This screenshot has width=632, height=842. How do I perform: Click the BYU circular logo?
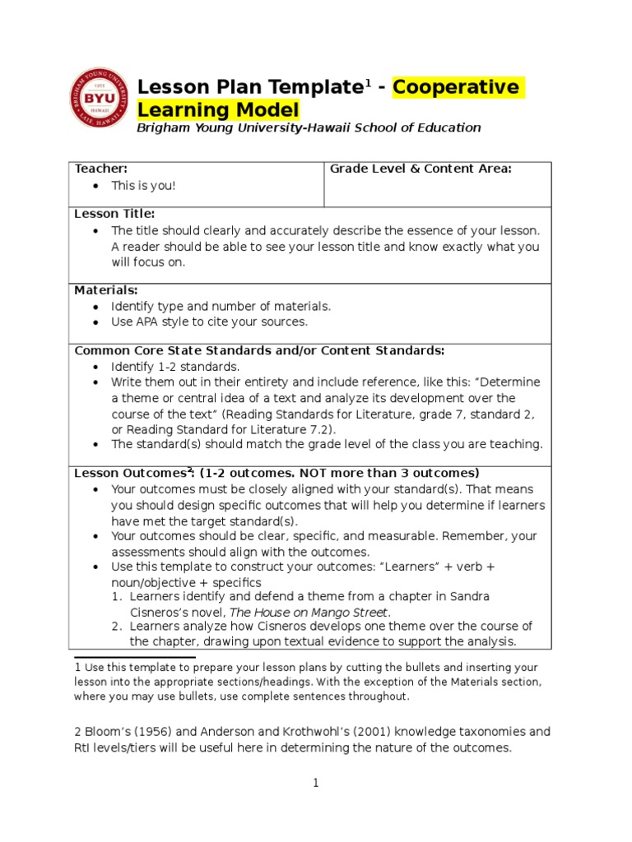click(97, 98)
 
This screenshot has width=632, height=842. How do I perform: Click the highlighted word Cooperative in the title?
click(457, 87)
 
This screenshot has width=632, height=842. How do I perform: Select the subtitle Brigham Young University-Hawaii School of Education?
click(309, 127)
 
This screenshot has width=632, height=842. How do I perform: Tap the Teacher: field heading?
click(101, 169)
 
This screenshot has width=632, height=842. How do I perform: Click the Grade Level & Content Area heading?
click(421, 169)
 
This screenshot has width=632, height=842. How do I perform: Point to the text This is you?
click(144, 186)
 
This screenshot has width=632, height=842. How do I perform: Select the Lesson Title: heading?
click(114, 214)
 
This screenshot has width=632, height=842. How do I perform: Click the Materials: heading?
click(106, 290)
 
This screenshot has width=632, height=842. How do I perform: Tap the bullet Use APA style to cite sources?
click(209, 322)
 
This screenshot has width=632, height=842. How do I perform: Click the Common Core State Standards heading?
click(259, 350)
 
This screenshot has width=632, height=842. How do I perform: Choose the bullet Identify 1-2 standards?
click(175, 367)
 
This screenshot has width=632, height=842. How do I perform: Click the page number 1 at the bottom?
click(315, 784)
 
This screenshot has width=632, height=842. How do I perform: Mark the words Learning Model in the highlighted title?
click(218, 110)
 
